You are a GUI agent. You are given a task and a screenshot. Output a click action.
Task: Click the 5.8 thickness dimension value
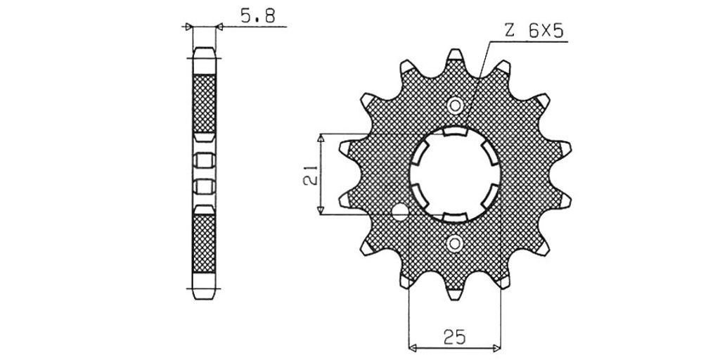[x=257, y=17]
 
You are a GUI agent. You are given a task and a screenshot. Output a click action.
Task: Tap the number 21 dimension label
[x=310, y=174]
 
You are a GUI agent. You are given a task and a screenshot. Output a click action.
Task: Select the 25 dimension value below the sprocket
[x=454, y=337]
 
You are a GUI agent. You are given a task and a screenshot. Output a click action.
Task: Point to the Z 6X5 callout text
[x=534, y=31]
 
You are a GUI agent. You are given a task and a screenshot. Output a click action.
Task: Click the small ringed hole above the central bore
[x=455, y=105]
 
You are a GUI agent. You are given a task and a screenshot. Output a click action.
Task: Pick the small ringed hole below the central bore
[x=455, y=243]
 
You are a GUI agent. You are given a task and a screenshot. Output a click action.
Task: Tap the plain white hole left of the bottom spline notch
[x=400, y=211]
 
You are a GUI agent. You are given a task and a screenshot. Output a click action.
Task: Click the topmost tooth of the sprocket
[x=455, y=55]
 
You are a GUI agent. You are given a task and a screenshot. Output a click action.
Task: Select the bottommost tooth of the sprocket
[x=455, y=294]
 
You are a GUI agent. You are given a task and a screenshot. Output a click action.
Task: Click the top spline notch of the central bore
[x=455, y=131]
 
